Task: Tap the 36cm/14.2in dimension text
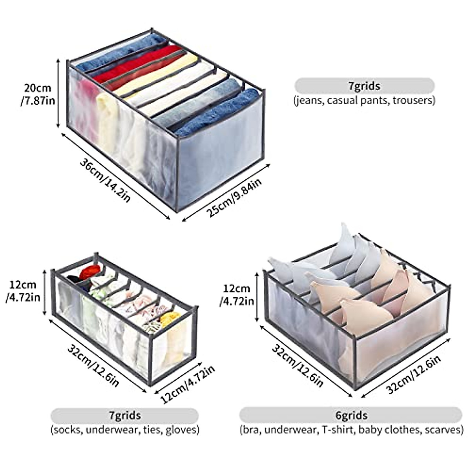tap(105, 179)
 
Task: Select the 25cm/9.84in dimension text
tap(234, 195)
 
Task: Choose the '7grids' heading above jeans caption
tap(364, 86)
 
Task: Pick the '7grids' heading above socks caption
tap(124, 415)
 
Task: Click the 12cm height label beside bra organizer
tap(237, 295)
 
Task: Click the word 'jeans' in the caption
tap(309, 100)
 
